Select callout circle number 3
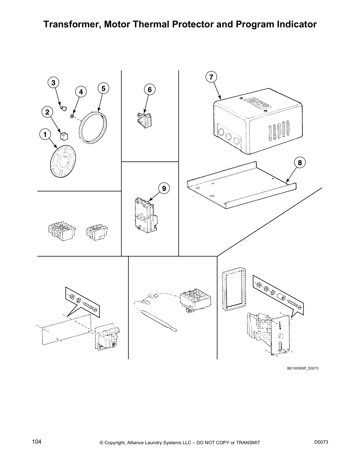53,83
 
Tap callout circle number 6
150,89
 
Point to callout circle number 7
211,77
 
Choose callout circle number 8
300,162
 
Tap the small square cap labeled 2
64,136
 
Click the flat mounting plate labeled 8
241,188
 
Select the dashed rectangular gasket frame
233,289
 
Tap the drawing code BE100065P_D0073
303,368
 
